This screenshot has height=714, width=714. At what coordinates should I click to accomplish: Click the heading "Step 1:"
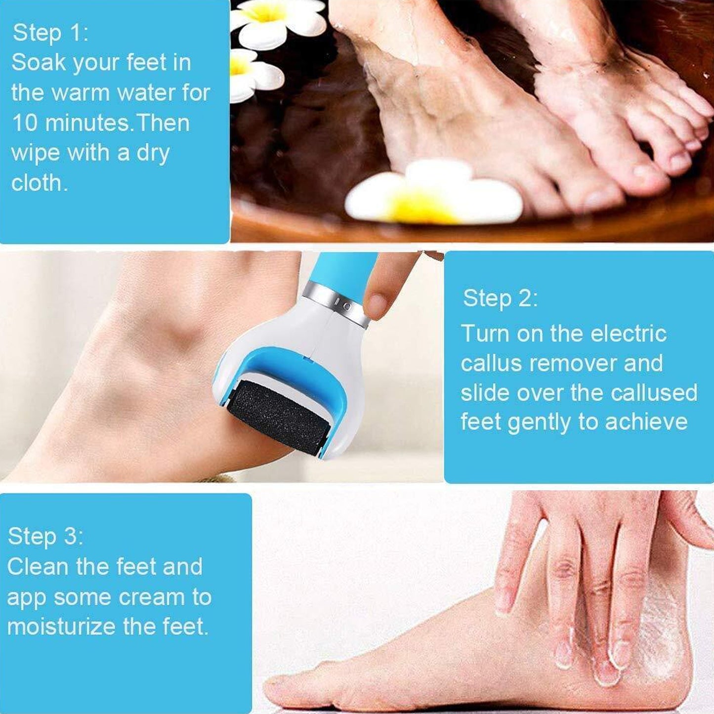(50, 33)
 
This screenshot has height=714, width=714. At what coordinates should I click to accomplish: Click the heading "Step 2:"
(500, 298)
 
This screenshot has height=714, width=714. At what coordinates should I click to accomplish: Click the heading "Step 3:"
(45, 536)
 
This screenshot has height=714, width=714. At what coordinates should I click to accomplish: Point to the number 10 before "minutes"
(24, 123)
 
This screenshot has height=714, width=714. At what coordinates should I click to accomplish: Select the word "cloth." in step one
(39, 183)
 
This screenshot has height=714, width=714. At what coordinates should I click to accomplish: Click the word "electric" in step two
(629, 334)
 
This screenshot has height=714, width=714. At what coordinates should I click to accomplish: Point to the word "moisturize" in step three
(61, 627)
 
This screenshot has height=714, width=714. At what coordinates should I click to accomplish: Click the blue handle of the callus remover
(341, 272)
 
